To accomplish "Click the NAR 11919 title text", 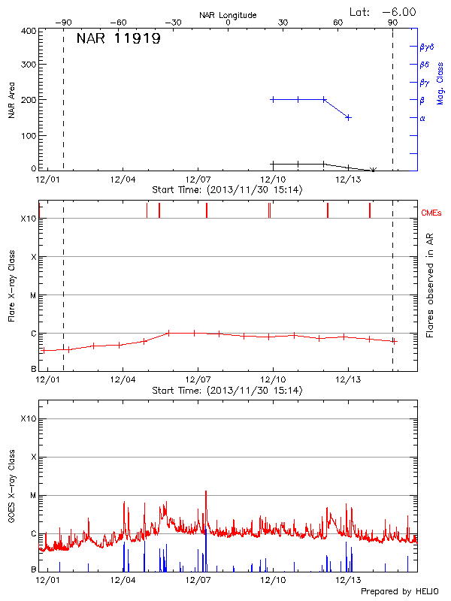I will (x=118, y=39).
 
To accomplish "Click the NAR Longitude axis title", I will (x=228, y=15).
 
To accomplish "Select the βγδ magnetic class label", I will (x=426, y=46).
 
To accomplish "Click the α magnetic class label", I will (x=422, y=118).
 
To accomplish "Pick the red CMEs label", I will (x=434, y=213).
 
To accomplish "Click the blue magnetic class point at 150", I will (x=349, y=117).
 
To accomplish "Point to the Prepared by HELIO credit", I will (x=400, y=591).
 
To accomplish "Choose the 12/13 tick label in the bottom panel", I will (x=347, y=580).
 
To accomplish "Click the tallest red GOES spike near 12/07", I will (x=205, y=491).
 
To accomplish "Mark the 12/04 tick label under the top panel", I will (x=123, y=180).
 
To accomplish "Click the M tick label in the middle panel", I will (x=33, y=295).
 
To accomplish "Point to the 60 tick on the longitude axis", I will (x=337, y=23).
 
